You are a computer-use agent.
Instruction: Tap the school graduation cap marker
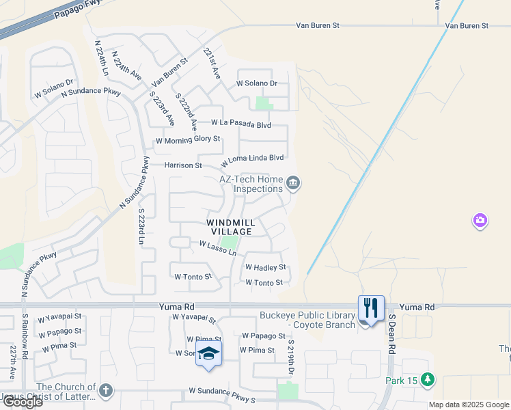click(208, 353)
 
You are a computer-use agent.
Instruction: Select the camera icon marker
click(480, 220)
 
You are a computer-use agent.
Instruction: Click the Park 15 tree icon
click(428, 378)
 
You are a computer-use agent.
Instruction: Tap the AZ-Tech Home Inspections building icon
click(294, 182)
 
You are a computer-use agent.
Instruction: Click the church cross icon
click(105, 390)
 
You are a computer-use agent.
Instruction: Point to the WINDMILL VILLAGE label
click(231, 228)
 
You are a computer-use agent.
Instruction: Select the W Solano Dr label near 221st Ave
click(257, 83)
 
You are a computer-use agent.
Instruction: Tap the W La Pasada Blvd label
click(240, 124)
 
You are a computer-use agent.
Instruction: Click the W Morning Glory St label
click(188, 139)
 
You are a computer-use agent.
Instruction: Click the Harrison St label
click(183, 165)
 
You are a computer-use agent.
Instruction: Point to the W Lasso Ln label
click(217, 248)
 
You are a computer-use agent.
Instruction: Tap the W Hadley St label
click(265, 267)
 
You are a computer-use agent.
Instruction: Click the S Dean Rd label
click(392, 335)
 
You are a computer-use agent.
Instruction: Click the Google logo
click(22, 402)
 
